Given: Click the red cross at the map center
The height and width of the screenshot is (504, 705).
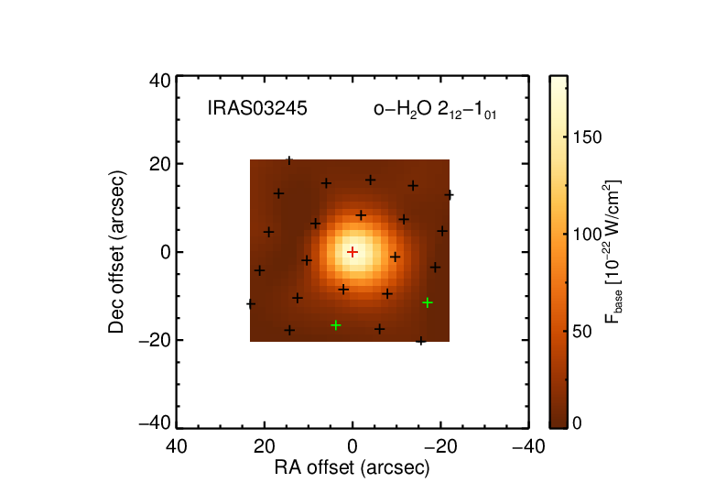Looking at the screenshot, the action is pyautogui.click(x=352, y=252).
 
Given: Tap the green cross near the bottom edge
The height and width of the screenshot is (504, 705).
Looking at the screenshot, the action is pyautogui.click(x=335, y=325).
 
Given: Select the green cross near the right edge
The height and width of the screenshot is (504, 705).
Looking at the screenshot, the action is pyautogui.click(x=428, y=302).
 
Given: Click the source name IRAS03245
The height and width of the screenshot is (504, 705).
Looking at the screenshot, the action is pyautogui.click(x=257, y=108).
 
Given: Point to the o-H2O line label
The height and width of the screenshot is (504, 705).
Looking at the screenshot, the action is pyautogui.click(x=435, y=110).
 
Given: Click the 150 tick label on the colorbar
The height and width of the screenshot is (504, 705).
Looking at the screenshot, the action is pyautogui.click(x=587, y=137).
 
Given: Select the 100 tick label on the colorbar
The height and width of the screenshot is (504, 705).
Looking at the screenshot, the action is pyautogui.click(x=587, y=234).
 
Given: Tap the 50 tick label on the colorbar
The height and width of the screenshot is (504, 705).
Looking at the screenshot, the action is pyautogui.click(x=582, y=332).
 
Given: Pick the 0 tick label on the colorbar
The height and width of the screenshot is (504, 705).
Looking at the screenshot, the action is pyautogui.click(x=578, y=423).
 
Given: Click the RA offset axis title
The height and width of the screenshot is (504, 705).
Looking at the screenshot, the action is pyautogui.click(x=352, y=467).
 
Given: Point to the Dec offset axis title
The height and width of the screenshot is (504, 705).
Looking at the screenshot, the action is pyautogui.click(x=116, y=252).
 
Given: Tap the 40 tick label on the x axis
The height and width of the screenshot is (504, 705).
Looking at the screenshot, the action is pyautogui.click(x=176, y=447).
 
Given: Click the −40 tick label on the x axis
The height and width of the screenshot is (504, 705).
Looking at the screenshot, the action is pyautogui.click(x=529, y=447).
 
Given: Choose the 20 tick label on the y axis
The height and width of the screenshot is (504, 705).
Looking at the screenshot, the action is pyautogui.click(x=160, y=164).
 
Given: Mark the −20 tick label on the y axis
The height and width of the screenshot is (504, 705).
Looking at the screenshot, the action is pyautogui.click(x=155, y=341).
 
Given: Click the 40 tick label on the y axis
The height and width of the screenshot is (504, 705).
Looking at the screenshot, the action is pyautogui.click(x=160, y=82).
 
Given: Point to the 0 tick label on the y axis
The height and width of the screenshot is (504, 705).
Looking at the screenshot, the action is pyautogui.click(x=166, y=252).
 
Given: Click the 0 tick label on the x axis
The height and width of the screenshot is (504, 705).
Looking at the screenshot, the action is pyautogui.click(x=352, y=447).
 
